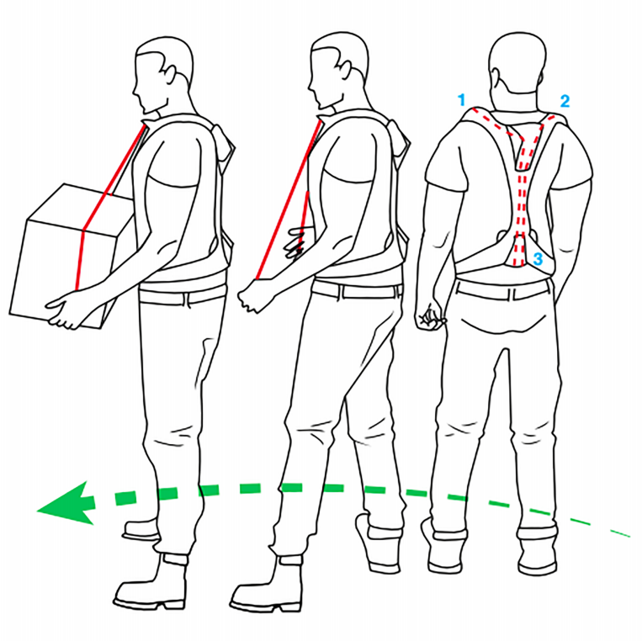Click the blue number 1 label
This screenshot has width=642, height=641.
pyautogui.click(x=461, y=100)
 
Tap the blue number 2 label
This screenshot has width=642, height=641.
pyautogui.click(x=565, y=101)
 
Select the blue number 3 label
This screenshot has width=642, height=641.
pyautogui.click(x=538, y=258)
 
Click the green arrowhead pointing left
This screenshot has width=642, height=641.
pyautogui.click(x=66, y=503)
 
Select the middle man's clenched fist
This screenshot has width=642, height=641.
pyautogui.click(x=252, y=296)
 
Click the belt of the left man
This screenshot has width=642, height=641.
pyautogui.click(x=183, y=294)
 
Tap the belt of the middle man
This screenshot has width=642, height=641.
pyautogui.click(x=356, y=289)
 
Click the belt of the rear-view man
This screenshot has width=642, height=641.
pyautogui.click(x=503, y=289)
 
